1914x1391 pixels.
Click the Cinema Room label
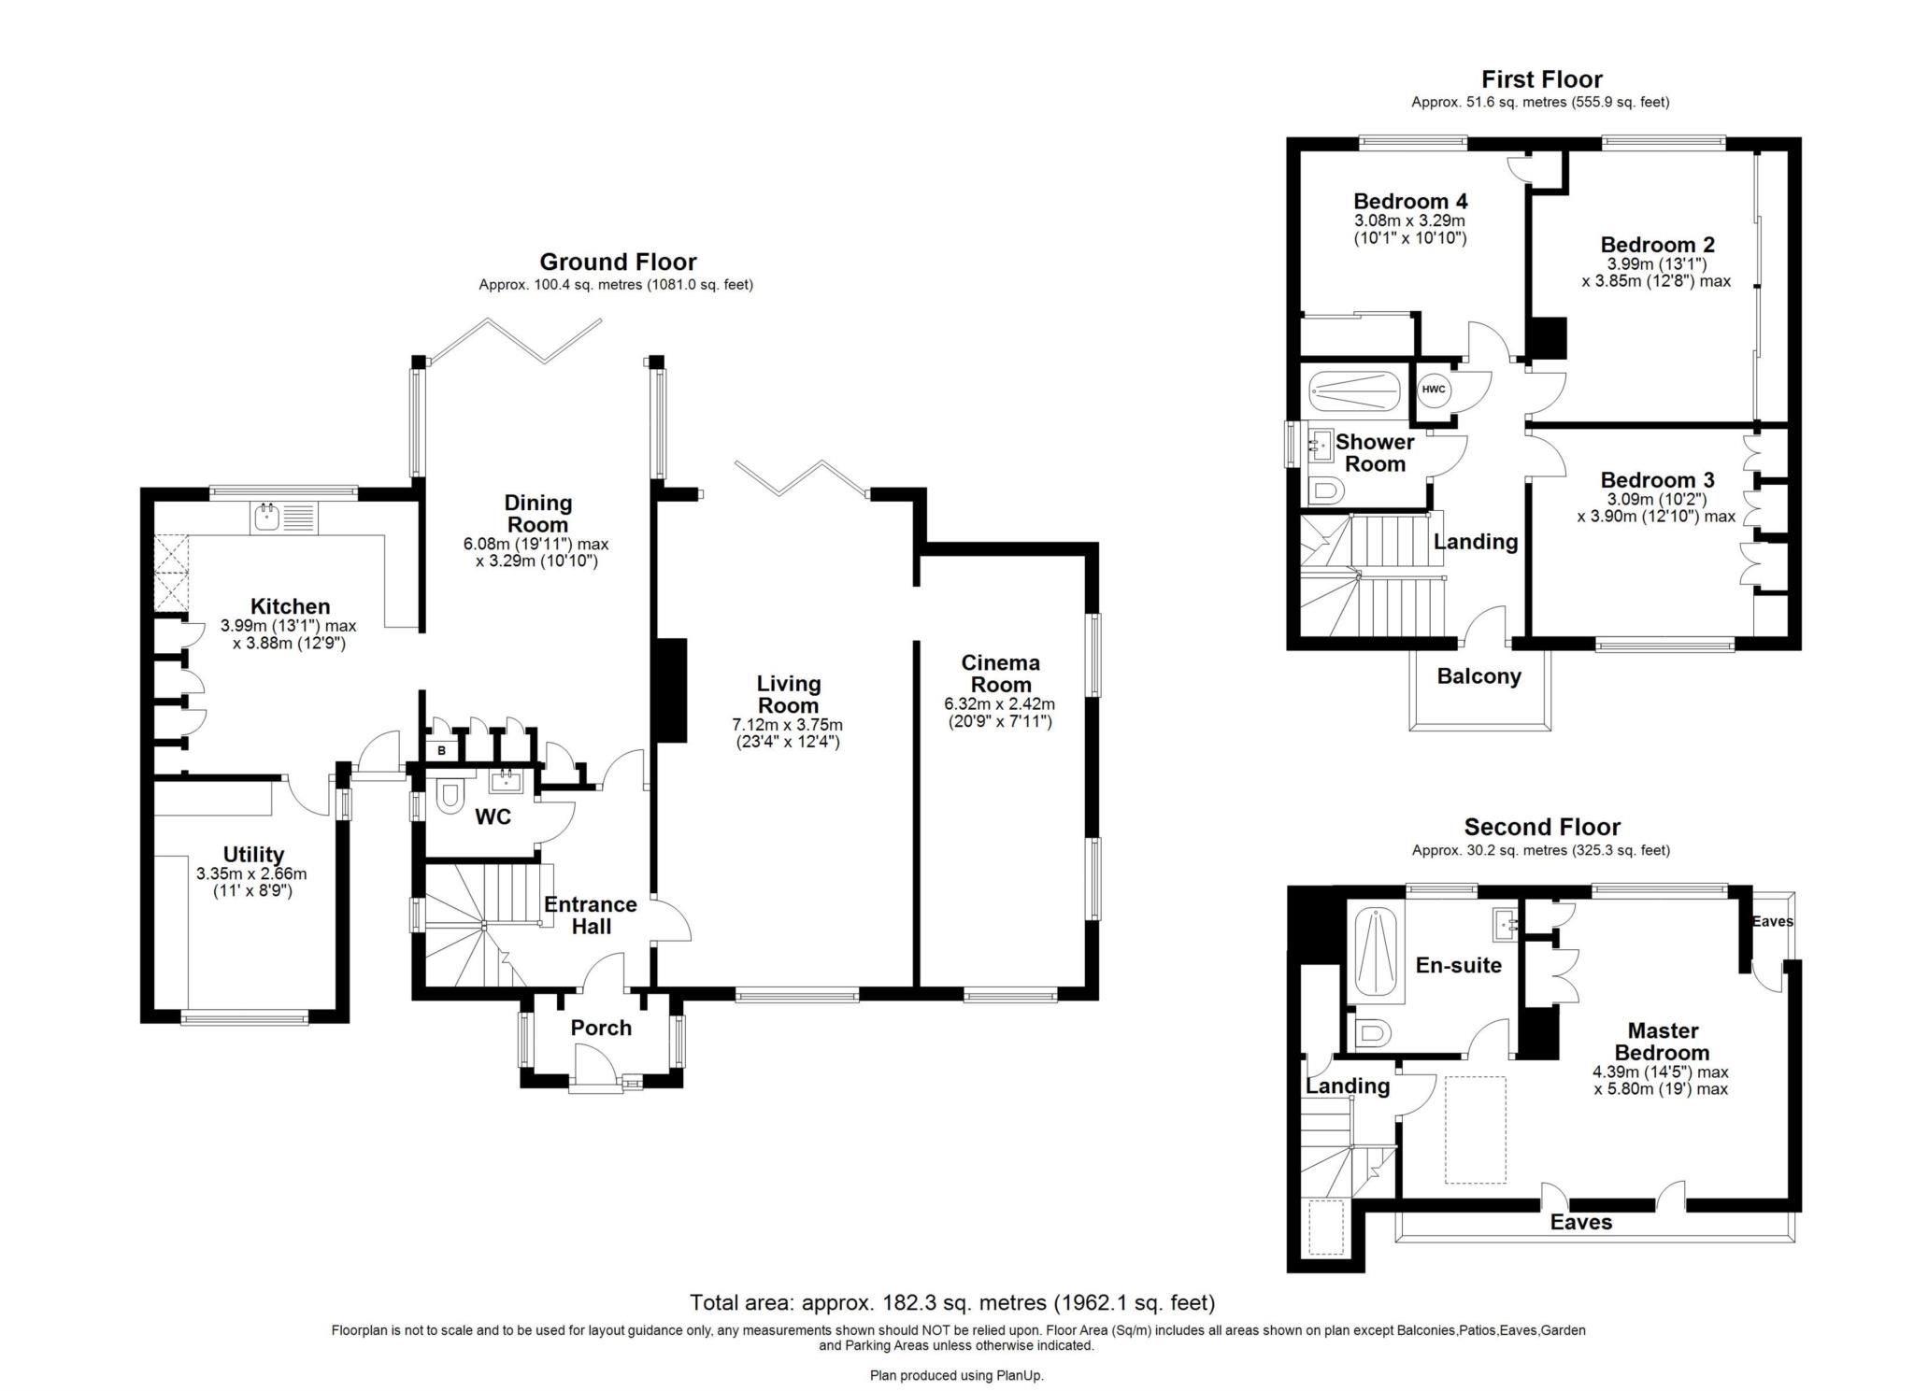pyautogui.click(x=1000, y=674)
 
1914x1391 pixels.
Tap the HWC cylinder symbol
pyautogui.click(x=1433, y=390)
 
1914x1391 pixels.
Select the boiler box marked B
pyautogui.click(x=441, y=750)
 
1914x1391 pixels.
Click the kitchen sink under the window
pyautogui.click(x=268, y=517)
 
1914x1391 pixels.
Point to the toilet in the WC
pyautogui.click(x=450, y=796)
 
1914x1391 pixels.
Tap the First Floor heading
pyautogui.click(x=1541, y=79)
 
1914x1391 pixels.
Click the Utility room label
pyautogui.click(x=253, y=855)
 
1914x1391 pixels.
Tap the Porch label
pyautogui.click(x=601, y=1028)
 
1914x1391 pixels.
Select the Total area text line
pyautogui.click(x=951, y=1302)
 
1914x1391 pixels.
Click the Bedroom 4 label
pyautogui.click(x=1409, y=201)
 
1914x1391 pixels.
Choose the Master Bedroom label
pyautogui.click(x=1663, y=1041)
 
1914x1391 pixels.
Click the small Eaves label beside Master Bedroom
pyautogui.click(x=1772, y=921)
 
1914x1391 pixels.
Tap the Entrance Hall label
pyautogui.click(x=591, y=915)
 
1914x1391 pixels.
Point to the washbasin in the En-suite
pyautogui.click(x=1504, y=924)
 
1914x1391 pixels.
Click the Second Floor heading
pyautogui.click(x=1541, y=827)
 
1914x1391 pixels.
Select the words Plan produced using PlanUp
pyautogui.click(x=956, y=1375)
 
